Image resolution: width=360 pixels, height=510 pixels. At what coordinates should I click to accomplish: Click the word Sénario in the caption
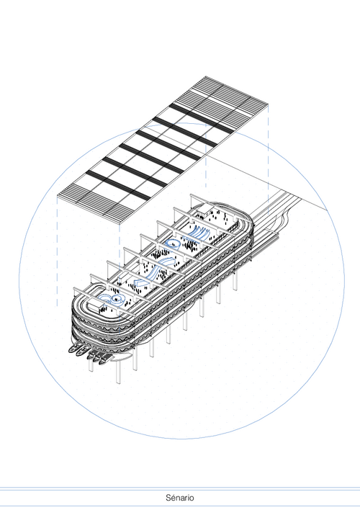point(180,498)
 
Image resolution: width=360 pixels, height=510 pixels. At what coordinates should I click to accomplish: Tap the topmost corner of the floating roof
point(205,76)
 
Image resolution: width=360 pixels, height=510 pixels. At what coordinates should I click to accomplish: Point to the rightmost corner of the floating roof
point(269,104)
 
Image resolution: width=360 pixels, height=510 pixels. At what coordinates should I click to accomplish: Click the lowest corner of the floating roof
point(120,223)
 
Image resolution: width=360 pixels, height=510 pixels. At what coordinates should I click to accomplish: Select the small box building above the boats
point(96,305)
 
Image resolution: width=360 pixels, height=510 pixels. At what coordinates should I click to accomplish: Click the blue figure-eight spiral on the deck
point(112,300)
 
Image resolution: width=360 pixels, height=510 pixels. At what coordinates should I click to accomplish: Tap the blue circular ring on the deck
point(172,243)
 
